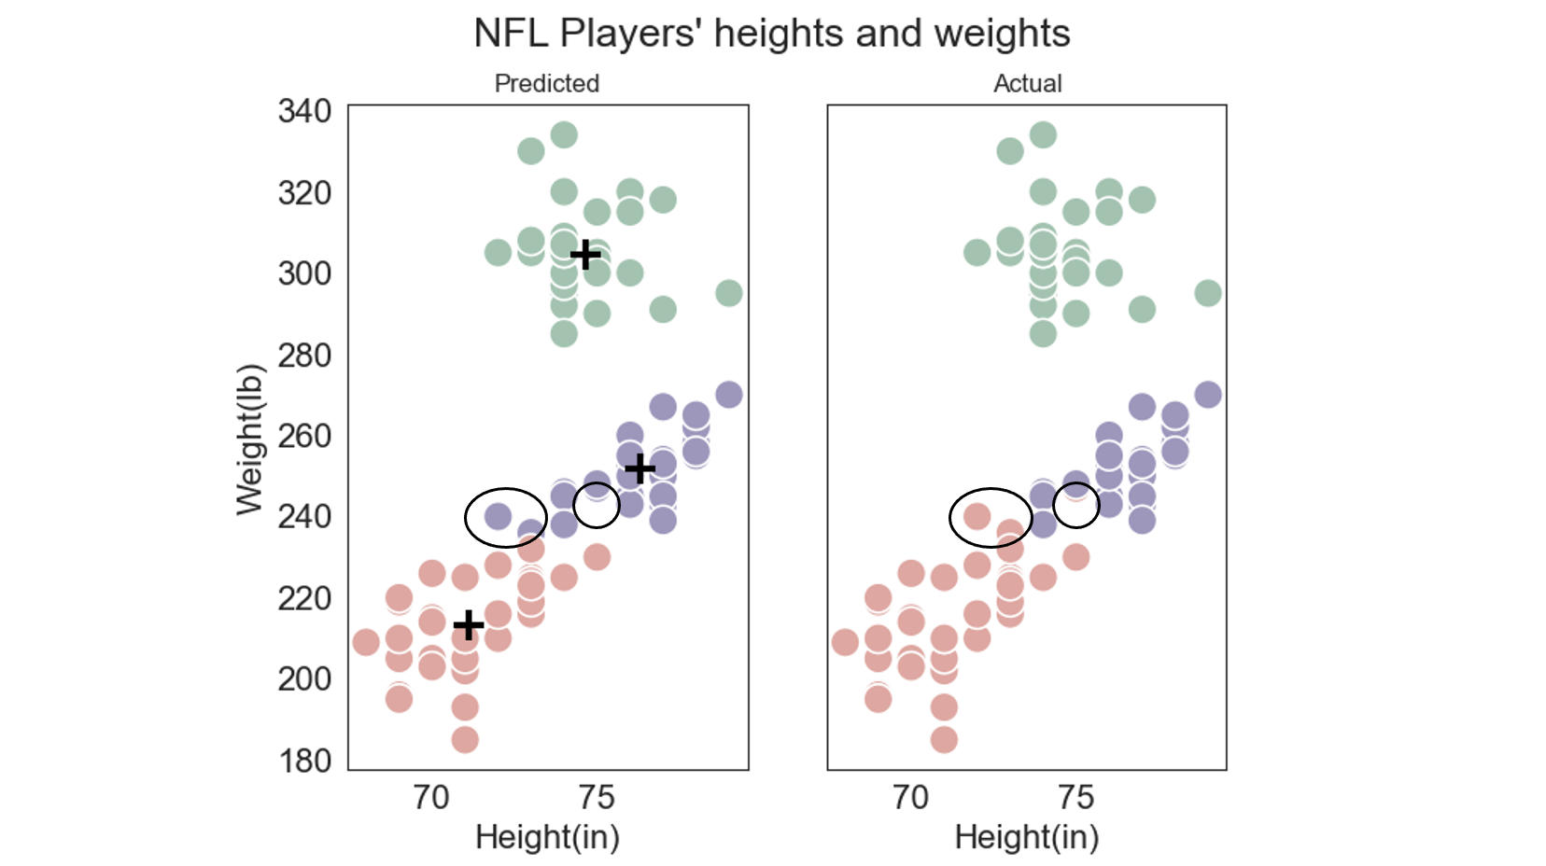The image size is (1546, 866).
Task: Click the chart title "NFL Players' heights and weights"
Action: pyautogui.click(x=771, y=34)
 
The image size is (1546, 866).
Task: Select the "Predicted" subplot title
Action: pyautogui.click(x=547, y=83)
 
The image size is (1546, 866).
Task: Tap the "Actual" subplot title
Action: pyautogui.click(x=1027, y=83)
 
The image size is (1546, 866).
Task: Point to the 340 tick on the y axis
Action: pyautogui.click(x=304, y=111)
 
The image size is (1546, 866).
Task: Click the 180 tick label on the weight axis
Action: pyautogui.click(x=304, y=761)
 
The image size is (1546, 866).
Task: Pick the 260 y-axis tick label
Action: pyautogui.click(x=304, y=436)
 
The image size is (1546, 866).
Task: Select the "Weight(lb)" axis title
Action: pyautogui.click(x=249, y=439)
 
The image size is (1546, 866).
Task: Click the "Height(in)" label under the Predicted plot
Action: pyautogui.click(x=547, y=837)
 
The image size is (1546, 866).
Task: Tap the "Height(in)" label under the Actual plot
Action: pyautogui.click(x=1027, y=837)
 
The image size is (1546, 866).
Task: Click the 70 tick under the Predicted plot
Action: pyautogui.click(x=431, y=798)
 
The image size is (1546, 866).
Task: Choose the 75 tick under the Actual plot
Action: pyautogui.click(x=1075, y=798)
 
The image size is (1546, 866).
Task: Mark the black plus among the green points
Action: pyautogui.click(x=585, y=255)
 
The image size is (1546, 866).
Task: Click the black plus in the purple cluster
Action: pyautogui.click(x=639, y=468)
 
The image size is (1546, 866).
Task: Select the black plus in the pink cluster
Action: pyautogui.click(x=469, y=624)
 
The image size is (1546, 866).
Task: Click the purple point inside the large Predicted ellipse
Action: pyautogui.click(x=498, y=515)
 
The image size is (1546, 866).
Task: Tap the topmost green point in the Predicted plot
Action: pyautogui.click(x=564, y=135)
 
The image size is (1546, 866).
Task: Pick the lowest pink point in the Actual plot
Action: pyautogui.click(x=944, y=740)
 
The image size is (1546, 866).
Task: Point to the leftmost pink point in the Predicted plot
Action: pyautogui.click(x=366, y=642)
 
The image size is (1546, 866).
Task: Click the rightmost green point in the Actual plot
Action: pyautogui.click(x=1208, y=293)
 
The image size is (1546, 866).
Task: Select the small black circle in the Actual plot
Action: pyautogui.click(x=1076, y=505)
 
